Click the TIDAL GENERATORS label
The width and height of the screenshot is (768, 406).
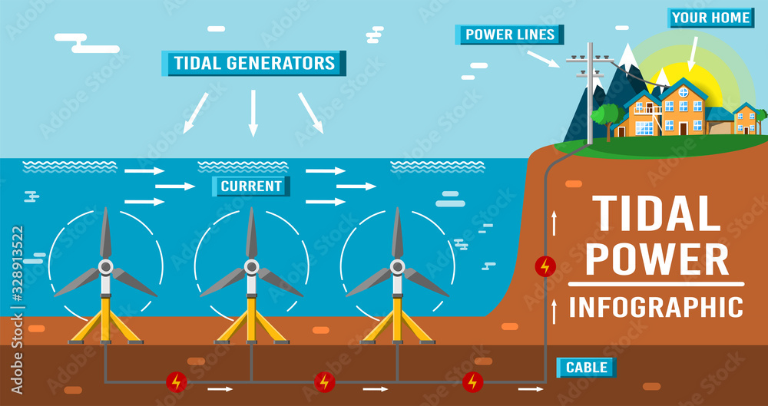(253, 63)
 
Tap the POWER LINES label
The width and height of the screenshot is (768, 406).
(510, 35)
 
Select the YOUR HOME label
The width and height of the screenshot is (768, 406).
(700, 18)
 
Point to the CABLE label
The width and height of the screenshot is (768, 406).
(587, 368)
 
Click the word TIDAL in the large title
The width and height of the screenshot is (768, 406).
(656, 214)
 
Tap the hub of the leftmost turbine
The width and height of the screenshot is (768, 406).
(105, 267)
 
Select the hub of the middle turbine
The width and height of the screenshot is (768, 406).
(251, 267)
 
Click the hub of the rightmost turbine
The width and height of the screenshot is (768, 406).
(397, 267)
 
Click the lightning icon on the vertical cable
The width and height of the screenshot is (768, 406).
(545, 266)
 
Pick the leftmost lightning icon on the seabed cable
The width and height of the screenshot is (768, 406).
(177, 381)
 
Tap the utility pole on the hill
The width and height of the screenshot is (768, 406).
(590, 96)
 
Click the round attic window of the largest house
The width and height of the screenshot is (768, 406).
(684, 92)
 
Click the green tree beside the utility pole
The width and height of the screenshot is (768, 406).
(607, 117)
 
